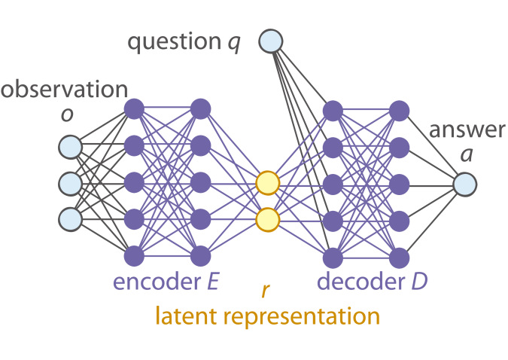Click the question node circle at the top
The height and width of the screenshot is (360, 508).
271,41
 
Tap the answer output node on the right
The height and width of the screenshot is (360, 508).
464,183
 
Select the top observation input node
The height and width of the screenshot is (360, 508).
70,145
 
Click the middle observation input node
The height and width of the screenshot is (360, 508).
70,182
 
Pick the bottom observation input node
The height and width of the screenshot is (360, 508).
70,218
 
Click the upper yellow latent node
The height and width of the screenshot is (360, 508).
267,183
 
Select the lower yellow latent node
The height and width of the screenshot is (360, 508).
267,219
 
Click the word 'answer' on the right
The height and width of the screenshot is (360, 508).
467,130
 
